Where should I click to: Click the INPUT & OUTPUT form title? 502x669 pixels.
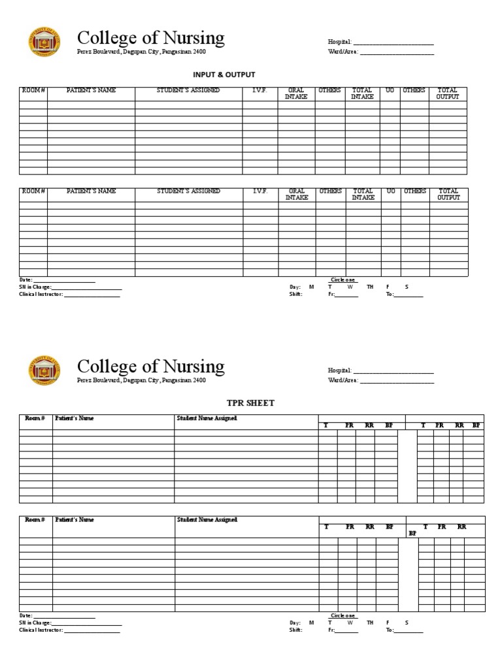coord(224,74)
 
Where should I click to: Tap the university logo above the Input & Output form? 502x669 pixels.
coord(44,42)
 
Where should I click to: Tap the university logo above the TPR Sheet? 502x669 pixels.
coord(44,369)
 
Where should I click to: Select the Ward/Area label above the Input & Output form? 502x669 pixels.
coord(343,52)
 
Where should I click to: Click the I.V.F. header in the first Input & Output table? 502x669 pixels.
coord(260,91)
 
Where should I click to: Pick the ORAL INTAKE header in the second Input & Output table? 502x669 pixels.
coord(297,194)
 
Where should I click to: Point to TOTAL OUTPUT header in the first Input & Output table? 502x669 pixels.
coord(448,93)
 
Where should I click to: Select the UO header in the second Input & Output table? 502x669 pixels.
coord(390,191)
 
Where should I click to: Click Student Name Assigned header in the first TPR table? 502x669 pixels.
coord(207,418)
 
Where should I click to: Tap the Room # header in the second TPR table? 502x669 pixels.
coord(35,519)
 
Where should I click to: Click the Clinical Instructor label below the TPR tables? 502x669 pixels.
coord(41,630)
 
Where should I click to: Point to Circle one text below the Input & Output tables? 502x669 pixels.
coord(343,280)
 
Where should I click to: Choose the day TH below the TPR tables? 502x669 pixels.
coord(370,623)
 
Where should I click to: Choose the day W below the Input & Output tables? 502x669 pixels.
coord(350,287)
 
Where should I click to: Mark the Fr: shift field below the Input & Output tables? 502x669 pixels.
coord(343,294)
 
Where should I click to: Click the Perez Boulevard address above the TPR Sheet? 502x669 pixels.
coord(141,380)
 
